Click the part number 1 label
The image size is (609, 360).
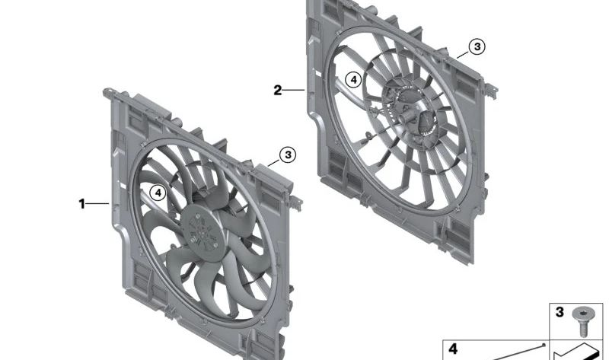pyautogui.click(x=81, y=203)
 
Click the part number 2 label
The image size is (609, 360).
pyautogui.click(x=278, y=91)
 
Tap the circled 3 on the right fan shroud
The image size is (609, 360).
pyautogui.click(x=476, y=47)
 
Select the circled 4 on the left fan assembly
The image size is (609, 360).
pyautogui.click(x=157, y=193)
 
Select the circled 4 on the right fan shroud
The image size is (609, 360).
pyautogui.click(x=352, y=78)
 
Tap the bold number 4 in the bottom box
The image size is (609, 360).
pyautogui.click(x=453, y=349)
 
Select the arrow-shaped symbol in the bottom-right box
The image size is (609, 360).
pyautogui.click(x=575, y=352)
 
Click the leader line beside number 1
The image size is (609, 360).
pyautogui.click(x=98, y=203)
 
